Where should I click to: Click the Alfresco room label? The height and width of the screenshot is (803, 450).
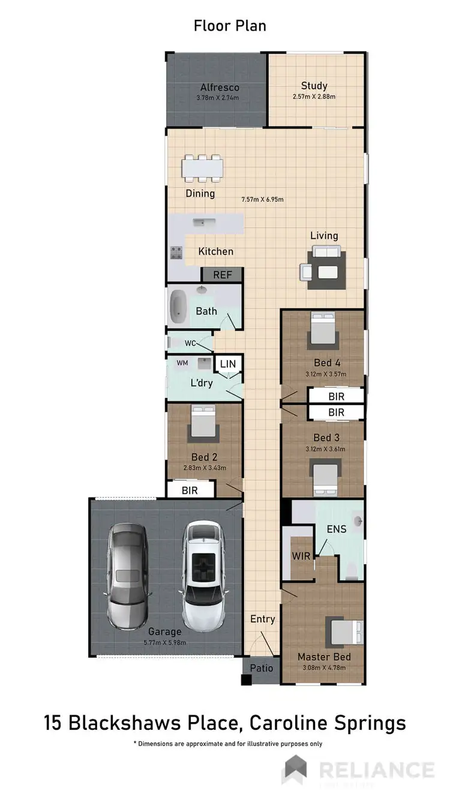pos(217,88)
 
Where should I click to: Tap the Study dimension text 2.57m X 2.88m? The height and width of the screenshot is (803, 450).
pos(314,97)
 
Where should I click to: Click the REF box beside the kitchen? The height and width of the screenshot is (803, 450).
pos(221,275)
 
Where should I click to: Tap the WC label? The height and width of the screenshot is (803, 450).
pos(190,343)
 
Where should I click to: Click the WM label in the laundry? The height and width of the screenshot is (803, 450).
pos(182,363)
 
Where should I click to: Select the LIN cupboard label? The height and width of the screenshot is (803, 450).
pos(228,364)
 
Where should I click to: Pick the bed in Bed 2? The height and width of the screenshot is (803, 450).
pos(202,423)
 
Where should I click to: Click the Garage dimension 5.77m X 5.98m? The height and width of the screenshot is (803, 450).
pos(165,642)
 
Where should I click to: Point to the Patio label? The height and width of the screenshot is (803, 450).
pos(261,668)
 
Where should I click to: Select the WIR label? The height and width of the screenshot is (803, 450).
pos(301,556)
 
